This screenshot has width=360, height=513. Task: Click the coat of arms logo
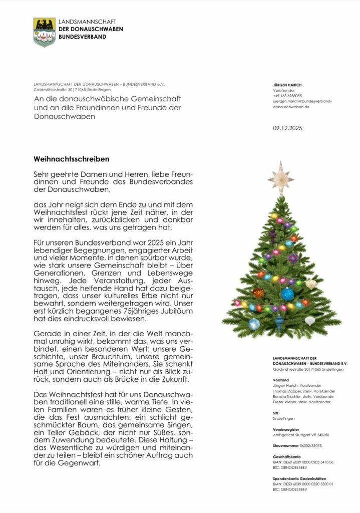[44, 32]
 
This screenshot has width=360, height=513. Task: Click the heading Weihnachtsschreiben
[71, 159]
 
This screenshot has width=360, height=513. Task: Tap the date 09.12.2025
[287, 128]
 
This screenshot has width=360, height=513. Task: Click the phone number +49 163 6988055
[287, 95]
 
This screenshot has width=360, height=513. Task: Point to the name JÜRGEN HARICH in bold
[287, 85]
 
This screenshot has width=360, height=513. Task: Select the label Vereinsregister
[286, 429]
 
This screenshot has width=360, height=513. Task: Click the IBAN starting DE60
[303, 462]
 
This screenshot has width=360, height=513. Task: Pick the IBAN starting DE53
[303, 484]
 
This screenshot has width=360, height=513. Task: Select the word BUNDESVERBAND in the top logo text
[83, 37]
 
